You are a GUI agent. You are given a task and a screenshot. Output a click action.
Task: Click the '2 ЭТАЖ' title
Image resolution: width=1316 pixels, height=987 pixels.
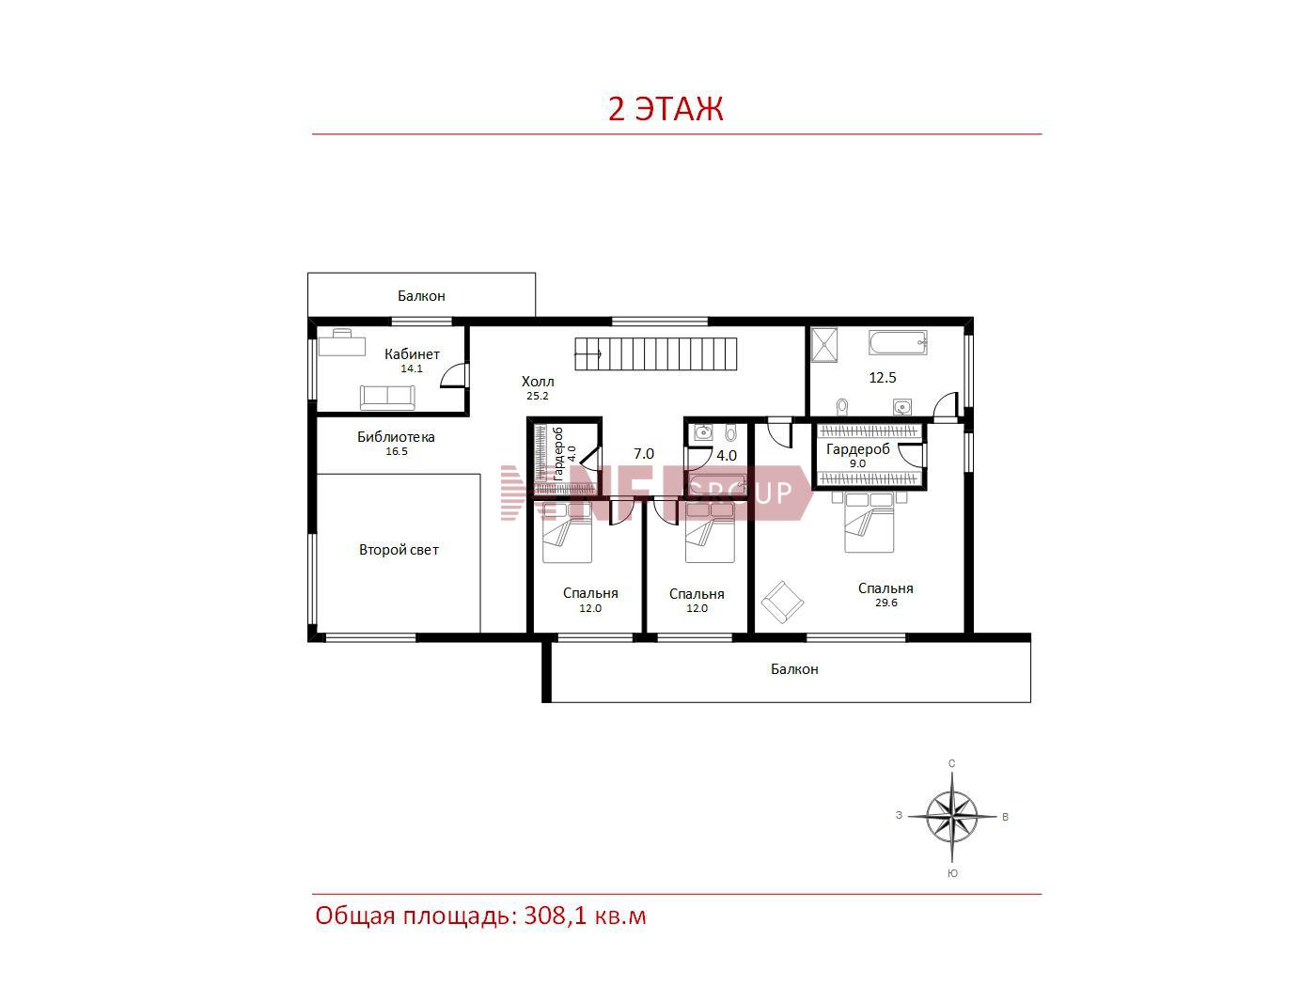pos(666,109)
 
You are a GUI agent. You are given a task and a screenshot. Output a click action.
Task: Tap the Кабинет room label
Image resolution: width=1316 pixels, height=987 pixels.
pos(412,354)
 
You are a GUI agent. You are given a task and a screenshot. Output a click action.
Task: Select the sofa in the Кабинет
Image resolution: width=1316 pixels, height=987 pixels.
pos(387,398)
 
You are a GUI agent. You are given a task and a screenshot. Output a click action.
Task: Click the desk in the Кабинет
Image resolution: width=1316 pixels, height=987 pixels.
pos(342,343)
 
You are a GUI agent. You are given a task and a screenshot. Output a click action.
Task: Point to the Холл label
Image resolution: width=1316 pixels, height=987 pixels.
pos(538,381)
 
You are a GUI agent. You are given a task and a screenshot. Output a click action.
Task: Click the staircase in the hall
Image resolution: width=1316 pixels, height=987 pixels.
pos(656,354)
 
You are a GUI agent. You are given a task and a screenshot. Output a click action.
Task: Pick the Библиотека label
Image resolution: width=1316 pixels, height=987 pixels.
pos(396,437)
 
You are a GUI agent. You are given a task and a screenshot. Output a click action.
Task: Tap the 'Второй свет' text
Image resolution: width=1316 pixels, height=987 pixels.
pos(399,550)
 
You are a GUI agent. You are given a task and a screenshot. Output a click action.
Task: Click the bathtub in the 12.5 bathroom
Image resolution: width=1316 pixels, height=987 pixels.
pos(898,343)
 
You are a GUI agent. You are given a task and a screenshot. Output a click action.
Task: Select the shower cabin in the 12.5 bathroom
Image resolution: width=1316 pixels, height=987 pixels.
pos(824,345)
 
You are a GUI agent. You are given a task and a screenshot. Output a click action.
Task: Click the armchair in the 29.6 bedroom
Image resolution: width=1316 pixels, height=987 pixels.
pos(782,603)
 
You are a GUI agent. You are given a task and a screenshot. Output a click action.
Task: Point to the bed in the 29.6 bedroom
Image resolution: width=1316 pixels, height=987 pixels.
pos(869,522)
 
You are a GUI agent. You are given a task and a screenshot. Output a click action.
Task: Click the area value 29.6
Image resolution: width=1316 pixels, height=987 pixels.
pos(886,603)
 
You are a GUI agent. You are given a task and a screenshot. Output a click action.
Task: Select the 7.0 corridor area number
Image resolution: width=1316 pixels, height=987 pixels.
pos(644,454)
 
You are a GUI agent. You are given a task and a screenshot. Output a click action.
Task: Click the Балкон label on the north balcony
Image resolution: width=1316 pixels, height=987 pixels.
pos(421,295)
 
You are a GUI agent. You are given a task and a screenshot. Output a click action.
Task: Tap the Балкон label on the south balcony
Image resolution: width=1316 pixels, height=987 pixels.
pos(794,668)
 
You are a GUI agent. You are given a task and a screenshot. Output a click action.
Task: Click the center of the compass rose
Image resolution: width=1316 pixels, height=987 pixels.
pos(952,816)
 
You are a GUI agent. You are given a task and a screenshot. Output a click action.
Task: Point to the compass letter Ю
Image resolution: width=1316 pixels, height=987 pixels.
pos(952,874)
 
